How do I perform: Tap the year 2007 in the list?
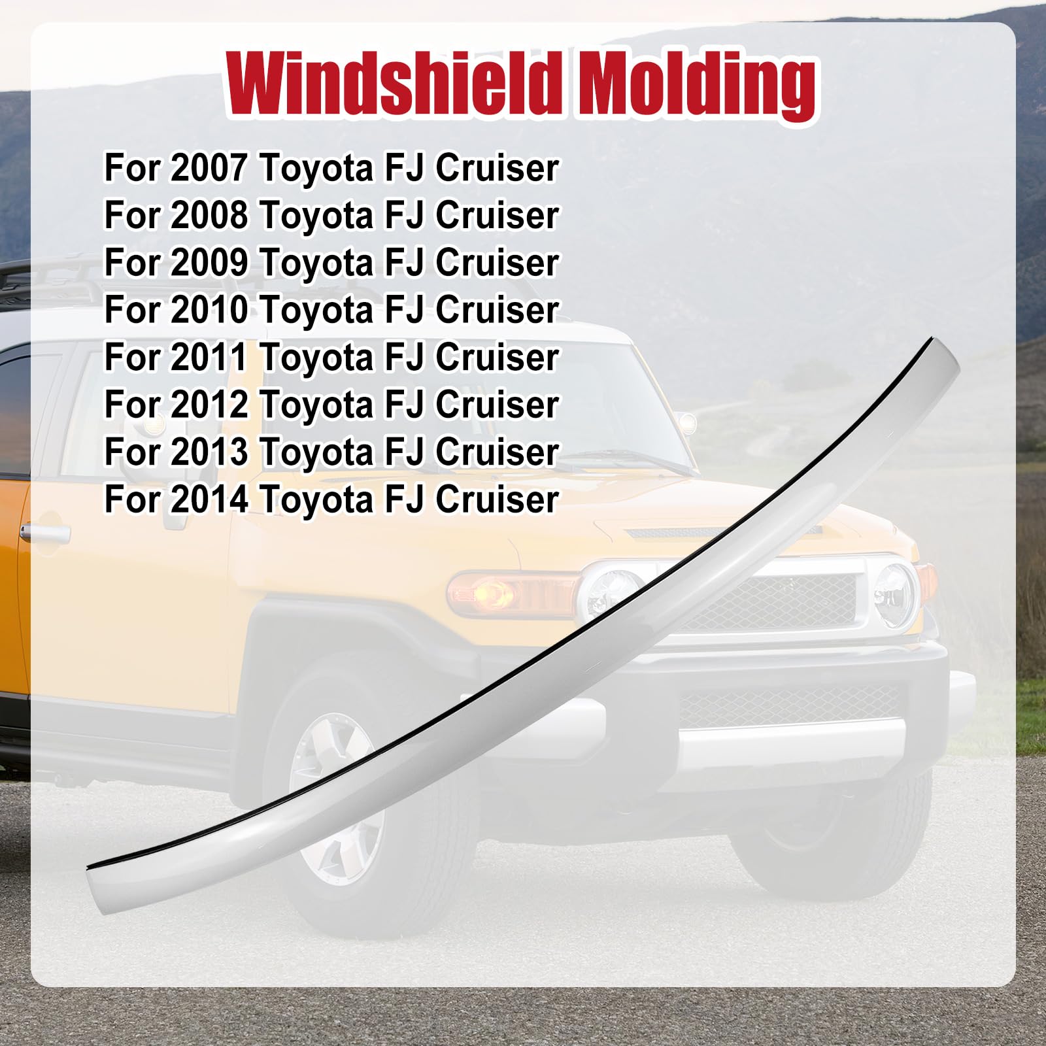pos(209,168)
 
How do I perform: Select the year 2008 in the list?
pos(209,215)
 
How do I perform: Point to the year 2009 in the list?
pos(209,262)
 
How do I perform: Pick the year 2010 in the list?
pos(209,310)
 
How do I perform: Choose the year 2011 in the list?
pos(209,357)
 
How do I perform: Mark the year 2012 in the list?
pos(209,405)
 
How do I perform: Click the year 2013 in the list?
pos(209,452)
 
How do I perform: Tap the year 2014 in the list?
pos(209,499)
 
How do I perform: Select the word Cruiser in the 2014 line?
pos(497,499)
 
